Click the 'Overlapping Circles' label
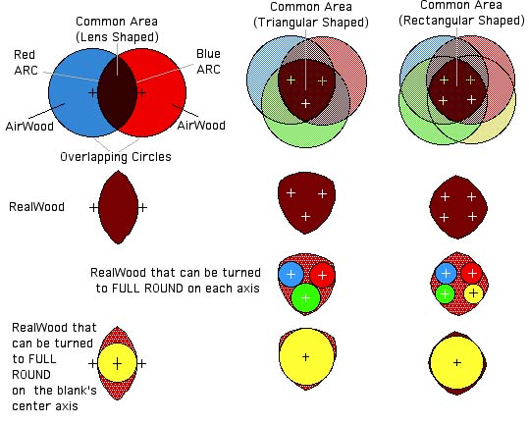click(116, 157)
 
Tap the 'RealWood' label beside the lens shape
click(36, 207)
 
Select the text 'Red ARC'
click(26, 63)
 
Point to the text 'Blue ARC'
click(208, 62)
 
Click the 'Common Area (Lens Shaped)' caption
click(117, 29)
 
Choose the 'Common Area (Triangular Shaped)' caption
click(311, 15)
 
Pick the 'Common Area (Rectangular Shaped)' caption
click(461, 13)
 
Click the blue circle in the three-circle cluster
click(291, 274)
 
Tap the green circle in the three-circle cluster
click(305, 297)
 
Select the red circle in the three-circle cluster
click(322, 275)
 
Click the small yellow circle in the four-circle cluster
click(473, 293)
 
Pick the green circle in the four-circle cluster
click(445, 293)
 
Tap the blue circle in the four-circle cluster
click(446, 273)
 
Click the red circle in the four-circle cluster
click(472, 273)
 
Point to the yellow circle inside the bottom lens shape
click(117, 363)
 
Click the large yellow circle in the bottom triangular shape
click(305, 357)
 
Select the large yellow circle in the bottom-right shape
click(456, 363)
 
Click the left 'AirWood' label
click(29, 127)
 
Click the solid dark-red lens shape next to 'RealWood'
click(118, 207)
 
